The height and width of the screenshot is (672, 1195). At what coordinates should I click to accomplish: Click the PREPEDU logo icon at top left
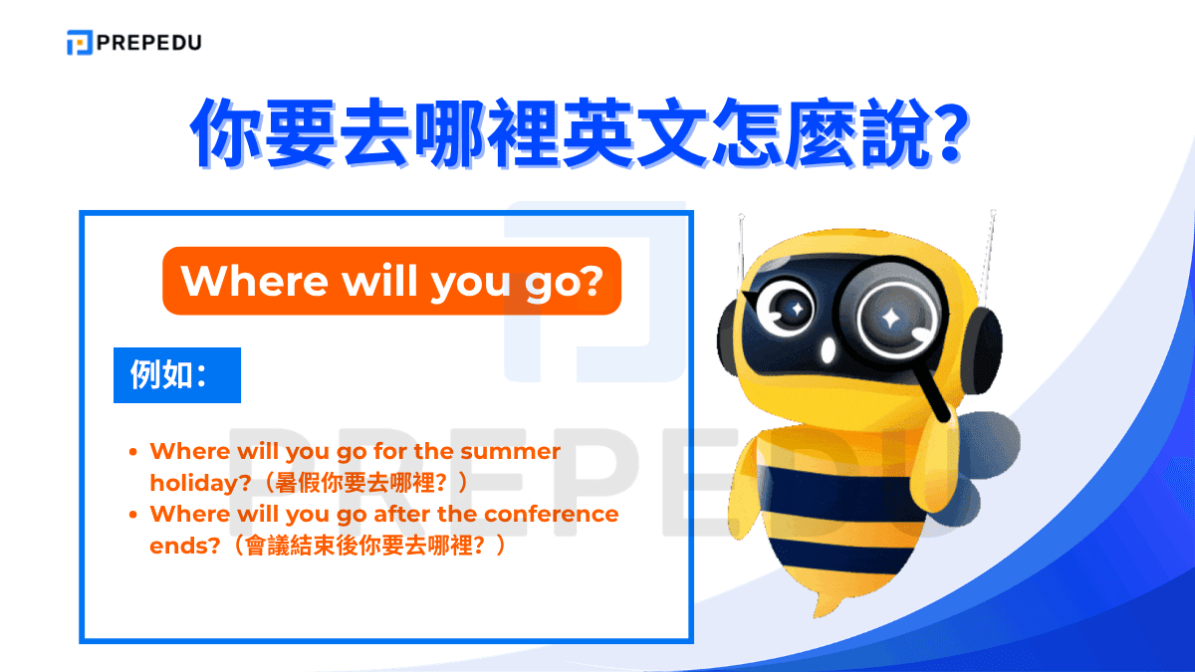(79, 43)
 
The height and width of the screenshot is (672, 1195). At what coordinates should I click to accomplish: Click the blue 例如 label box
(176, 375)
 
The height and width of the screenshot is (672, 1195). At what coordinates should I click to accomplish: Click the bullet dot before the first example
(133, 452)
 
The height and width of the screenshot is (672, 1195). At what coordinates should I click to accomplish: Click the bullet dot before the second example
(133, 516)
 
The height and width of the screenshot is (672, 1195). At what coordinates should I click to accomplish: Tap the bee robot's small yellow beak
(829, 350)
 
